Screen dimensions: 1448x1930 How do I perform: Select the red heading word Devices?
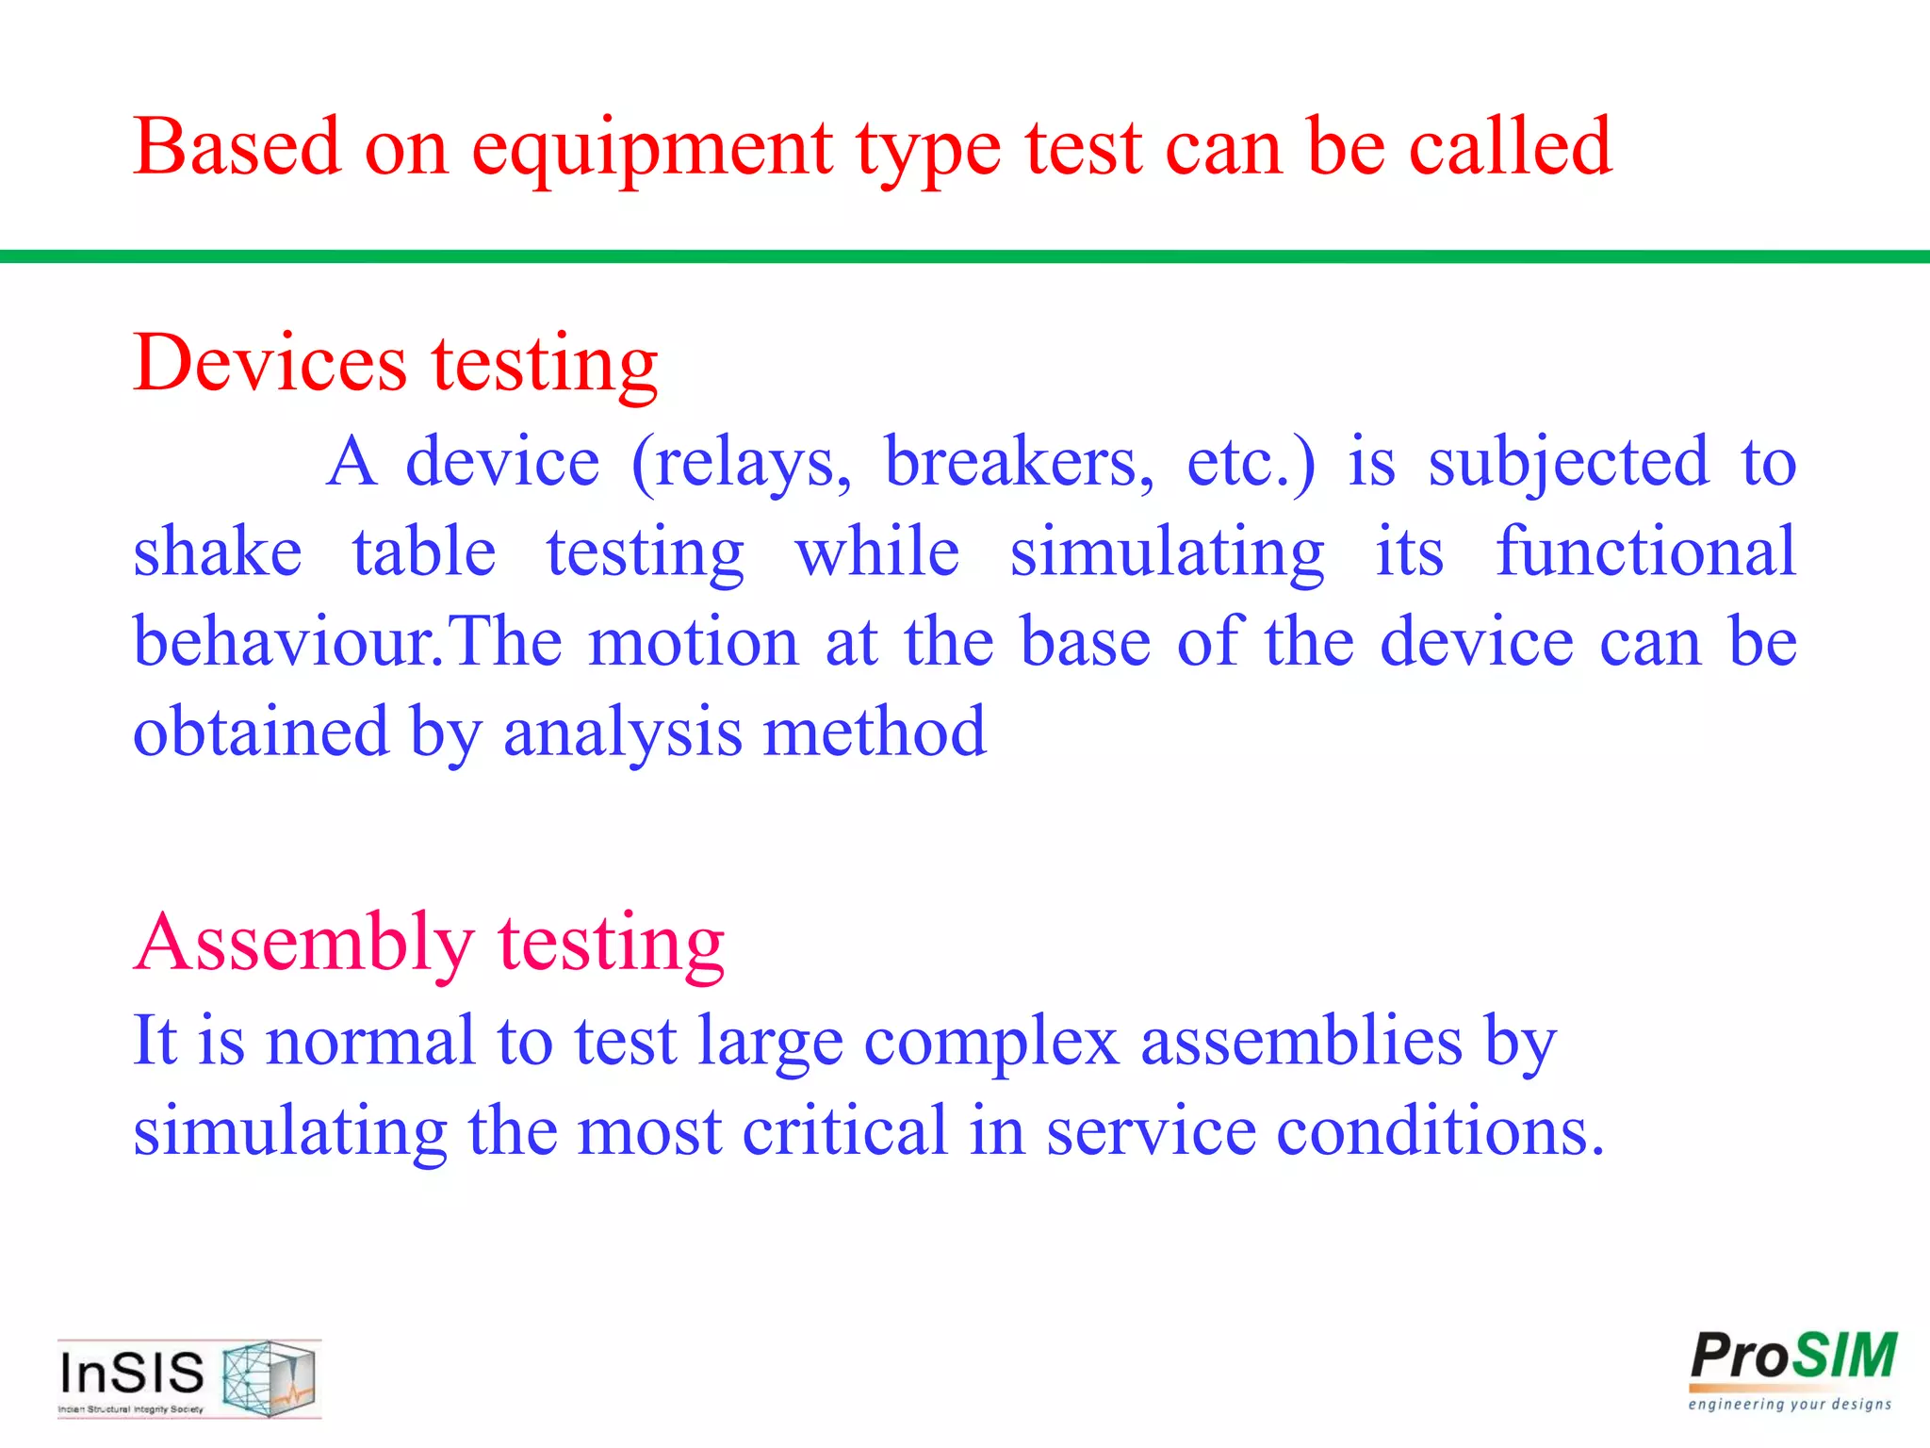[x=270, y=364]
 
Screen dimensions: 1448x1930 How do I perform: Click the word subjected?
[x=1567, y=464]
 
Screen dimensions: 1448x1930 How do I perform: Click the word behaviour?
[x=283, y=642]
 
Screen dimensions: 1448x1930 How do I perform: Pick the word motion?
[x=694, y=642]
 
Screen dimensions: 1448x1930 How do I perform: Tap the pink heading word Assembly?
[x=303, y=943]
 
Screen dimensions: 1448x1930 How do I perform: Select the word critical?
[x=844, y=1130]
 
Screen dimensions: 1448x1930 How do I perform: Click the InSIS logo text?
[x=132, y=1373]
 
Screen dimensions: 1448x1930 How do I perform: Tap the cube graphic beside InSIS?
[x=270, y=1378]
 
